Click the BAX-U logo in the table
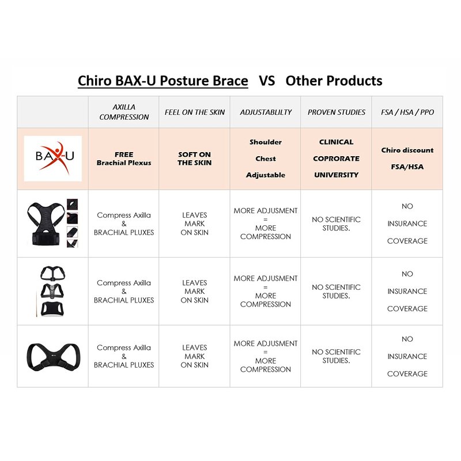[53, 158]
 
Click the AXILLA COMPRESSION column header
[124, 112]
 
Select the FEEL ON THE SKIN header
[195, 112]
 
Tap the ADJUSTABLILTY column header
[266, 112]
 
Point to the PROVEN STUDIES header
[337, 112]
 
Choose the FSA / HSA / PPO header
[407, 112]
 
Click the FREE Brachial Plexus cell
[124, 159]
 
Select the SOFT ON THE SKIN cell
[194, 159]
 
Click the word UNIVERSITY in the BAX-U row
[337, 175]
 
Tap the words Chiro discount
[407, 150]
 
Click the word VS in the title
[267, 81]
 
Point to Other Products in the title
[334, 81]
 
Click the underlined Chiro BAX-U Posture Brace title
[163, 81]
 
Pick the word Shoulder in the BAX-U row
[266, 142]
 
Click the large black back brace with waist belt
[46, 223]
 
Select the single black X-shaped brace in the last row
[53, 357]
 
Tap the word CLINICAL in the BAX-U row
[337, 142]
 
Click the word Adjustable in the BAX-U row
[266, 175]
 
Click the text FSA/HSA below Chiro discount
[407, 167]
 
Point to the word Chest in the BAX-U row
[266, 159]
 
